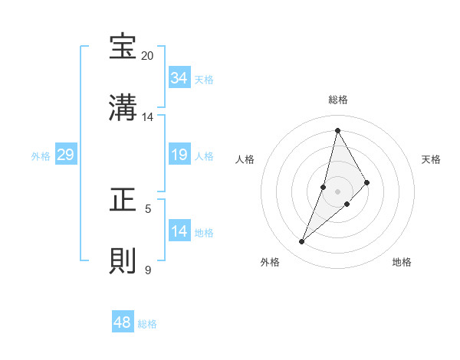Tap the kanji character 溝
click(123, 108)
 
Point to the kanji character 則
click(123, 261)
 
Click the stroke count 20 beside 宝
click(148, 56)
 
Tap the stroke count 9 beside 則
click(148, 270)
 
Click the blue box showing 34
click(179, 78)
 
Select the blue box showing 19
click(179, 155)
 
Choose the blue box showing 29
click(65, 155)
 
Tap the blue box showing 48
click(123, 322)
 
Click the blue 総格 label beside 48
click(147, 324)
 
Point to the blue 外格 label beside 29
click(41, 156)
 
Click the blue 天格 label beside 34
click(204, 80)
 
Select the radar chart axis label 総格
click(338, 100)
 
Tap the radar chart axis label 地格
click(402, 262)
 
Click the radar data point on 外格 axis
click(301, 242)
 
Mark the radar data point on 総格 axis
click(337, 129)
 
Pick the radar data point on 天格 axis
click(367, 182)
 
